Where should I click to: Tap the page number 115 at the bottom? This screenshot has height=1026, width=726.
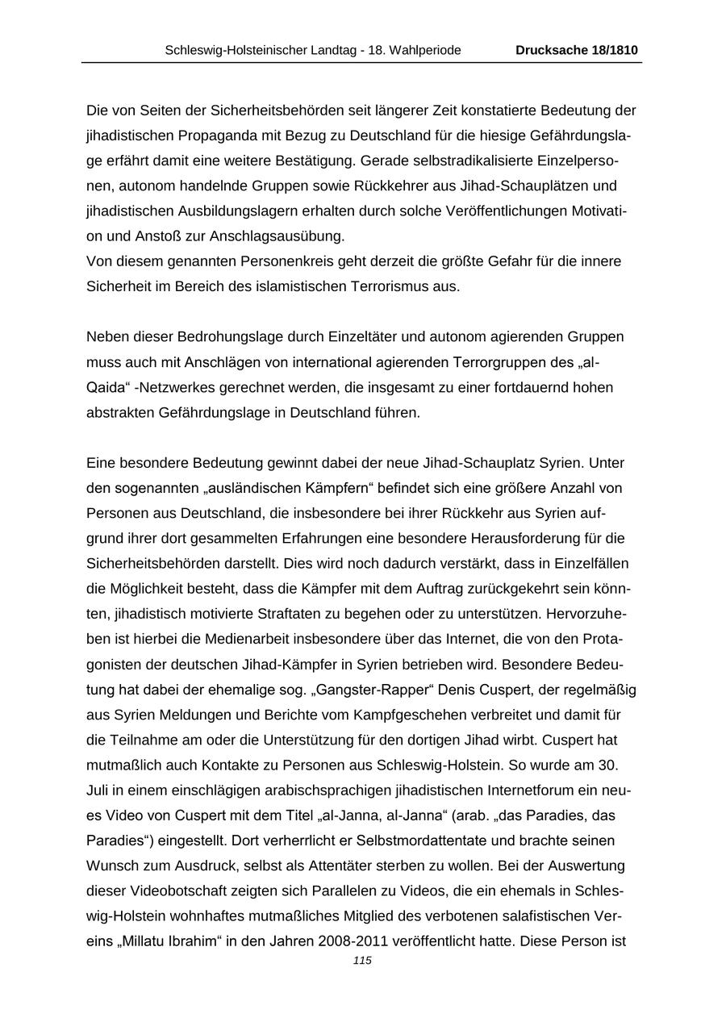point(362,961)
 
